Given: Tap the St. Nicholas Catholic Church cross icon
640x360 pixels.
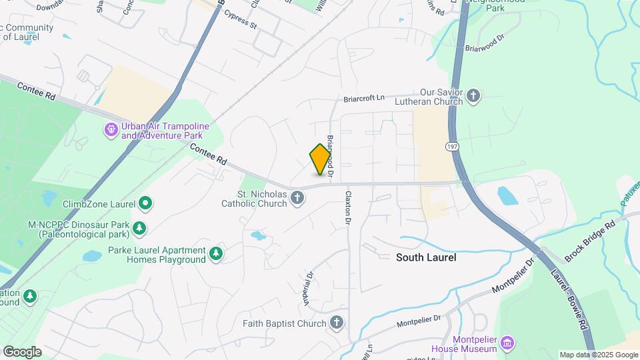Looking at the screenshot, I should click(x=298, y=197).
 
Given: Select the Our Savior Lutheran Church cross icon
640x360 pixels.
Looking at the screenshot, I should click(x=473, y=96).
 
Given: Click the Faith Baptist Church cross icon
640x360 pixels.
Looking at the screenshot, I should click(x=337, y=323).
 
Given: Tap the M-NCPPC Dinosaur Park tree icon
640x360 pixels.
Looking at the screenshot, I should click(x=139, y=229).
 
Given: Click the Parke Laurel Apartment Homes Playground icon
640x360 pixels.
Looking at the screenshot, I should click(x=215, y=254).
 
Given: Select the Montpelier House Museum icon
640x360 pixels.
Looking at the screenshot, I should click(x=507, y=343).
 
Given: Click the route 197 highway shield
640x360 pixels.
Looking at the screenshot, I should click(x=451, y=147).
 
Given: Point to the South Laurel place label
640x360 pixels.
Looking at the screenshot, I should click(x=426, y=257).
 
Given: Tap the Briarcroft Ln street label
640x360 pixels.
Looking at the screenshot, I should click(x=365, y=98).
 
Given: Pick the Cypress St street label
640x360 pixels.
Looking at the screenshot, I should click(x=241, y=20).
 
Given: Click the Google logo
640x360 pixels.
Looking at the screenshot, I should click(x=23, y=351).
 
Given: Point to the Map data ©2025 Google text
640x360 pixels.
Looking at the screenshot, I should click(x=599, y=355).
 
